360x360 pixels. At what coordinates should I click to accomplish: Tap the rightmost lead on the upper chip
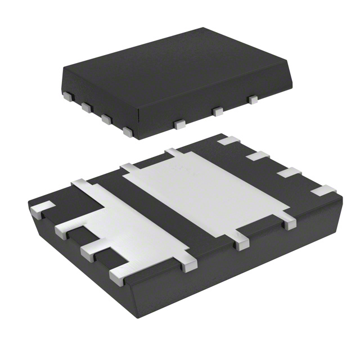coord(253,100)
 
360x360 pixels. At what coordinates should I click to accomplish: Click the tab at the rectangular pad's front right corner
coord(290,224)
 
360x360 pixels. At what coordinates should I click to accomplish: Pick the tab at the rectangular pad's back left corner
coord(128,166)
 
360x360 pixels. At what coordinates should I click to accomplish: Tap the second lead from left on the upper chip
coord(86,106)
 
